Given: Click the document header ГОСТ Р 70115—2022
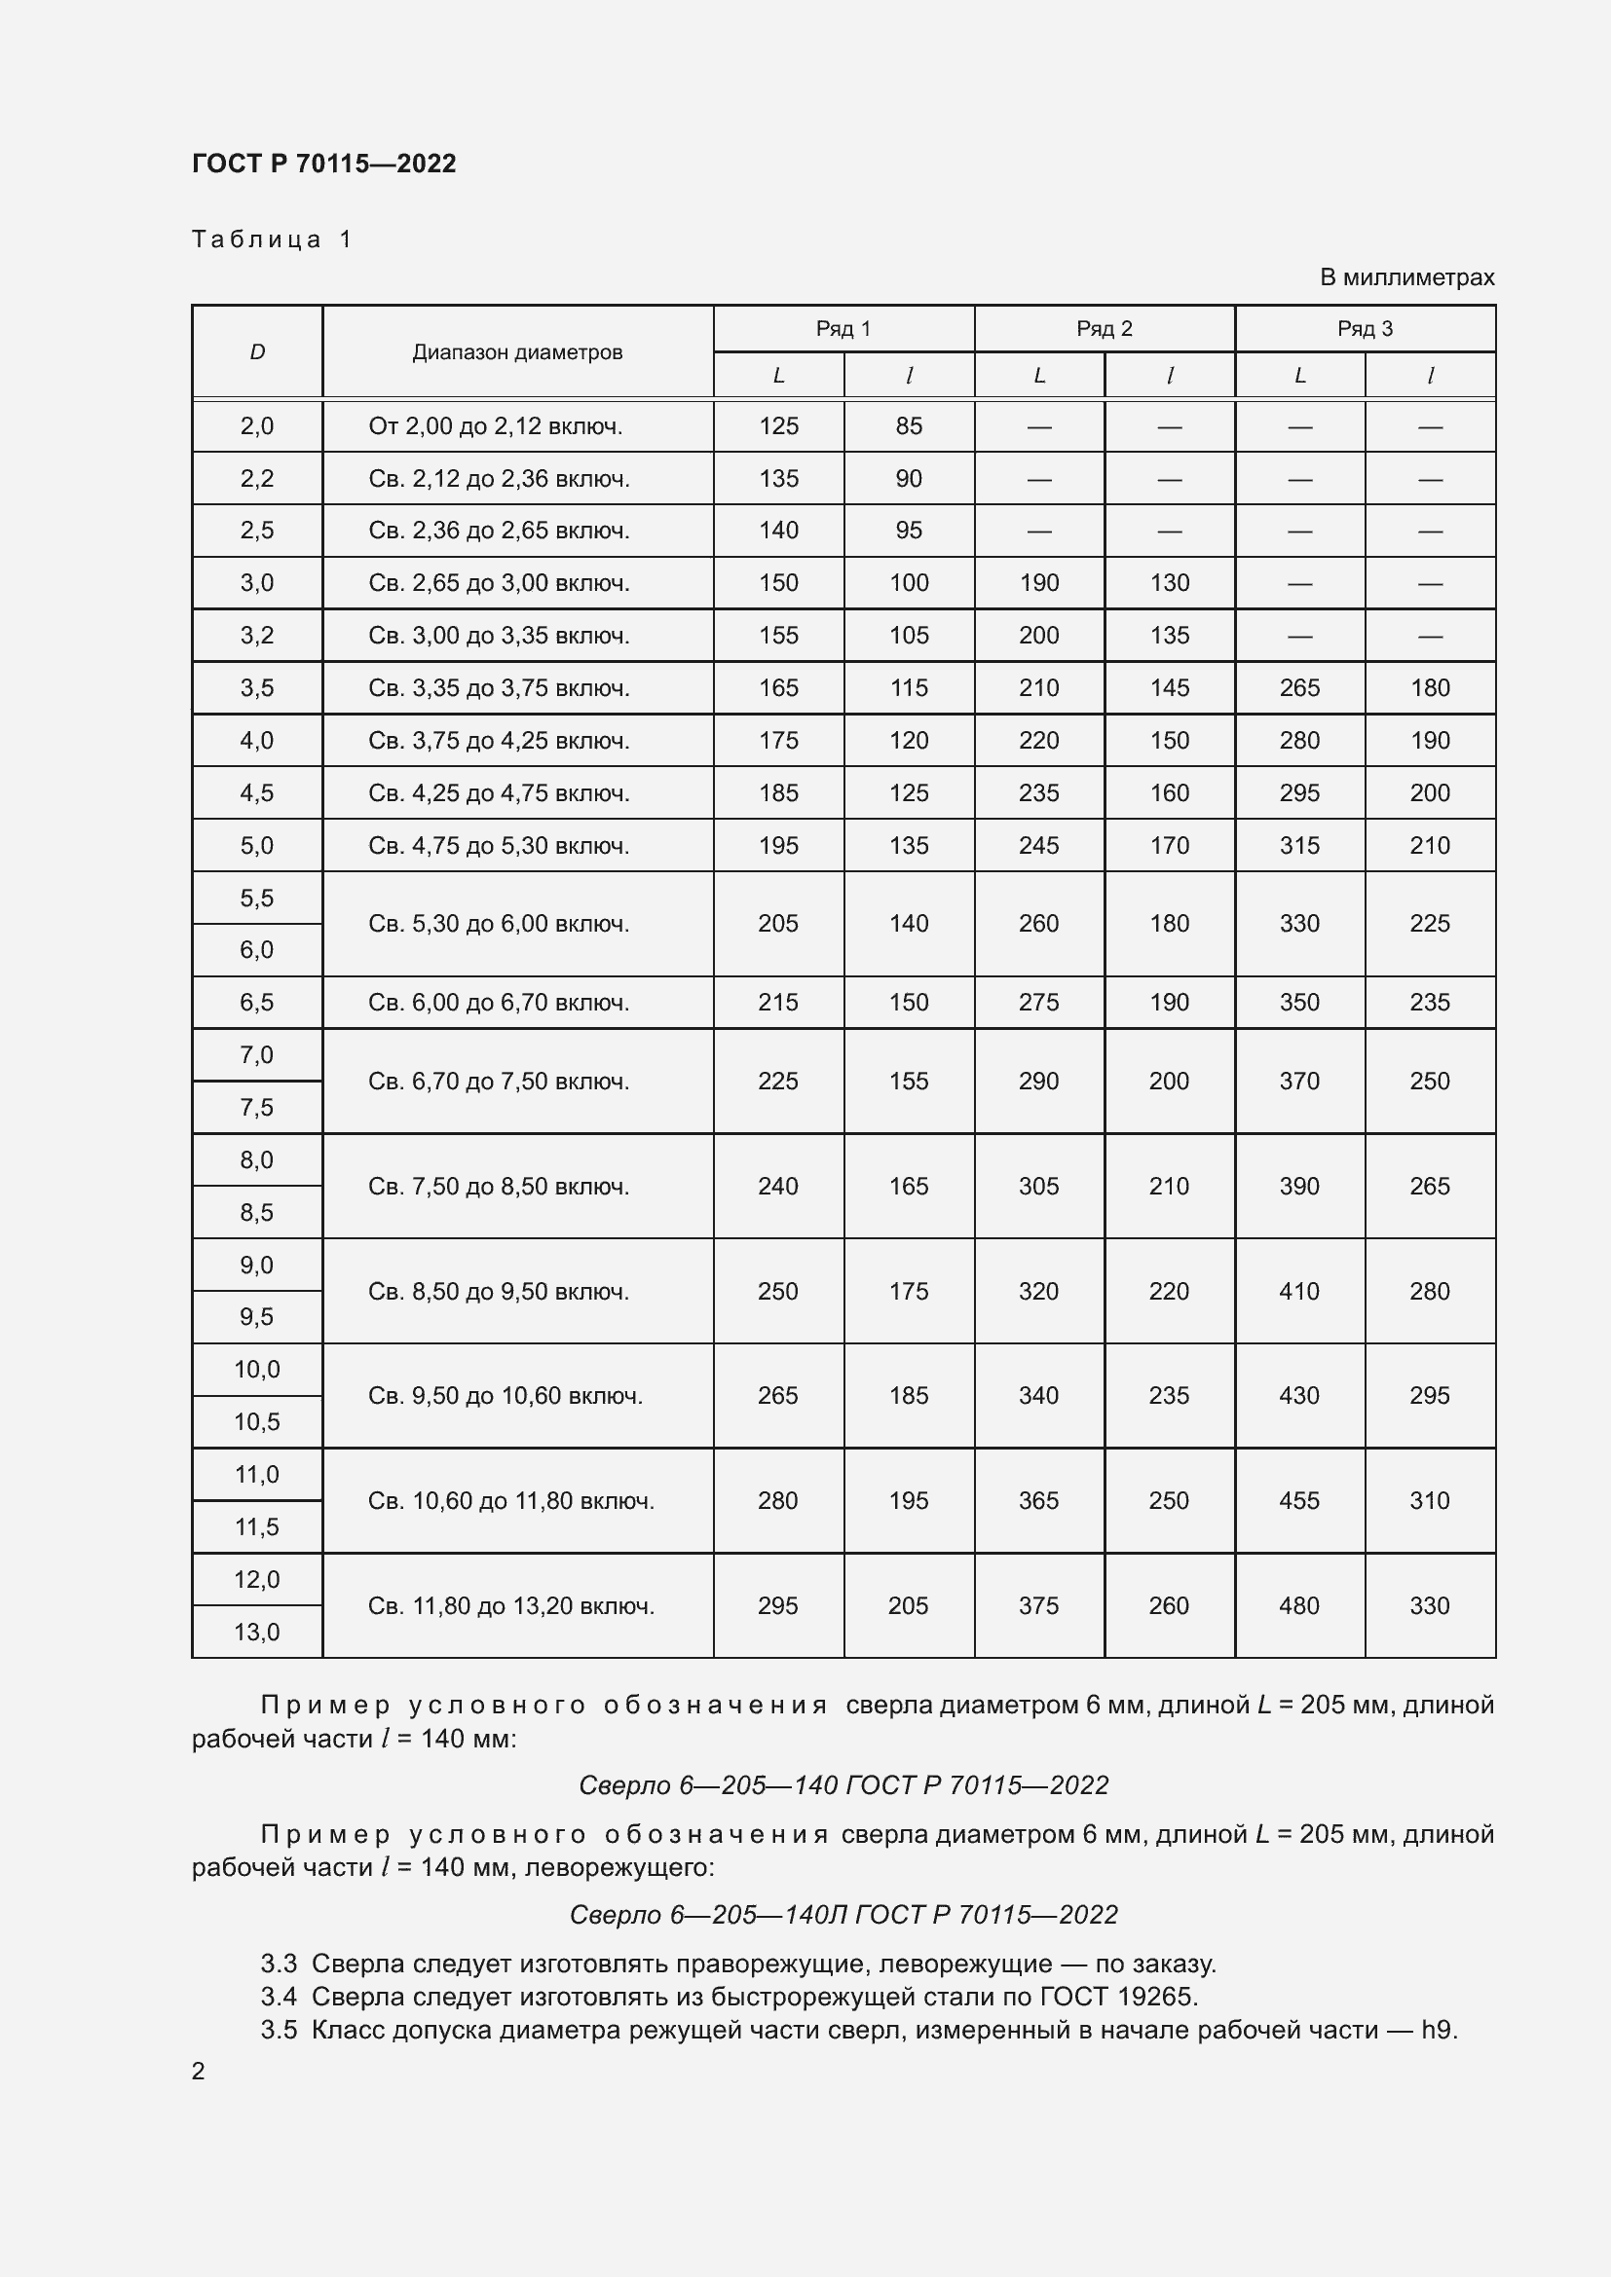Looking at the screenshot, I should click(x=323, y=164).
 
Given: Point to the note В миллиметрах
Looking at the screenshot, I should click(x=1405, y=277).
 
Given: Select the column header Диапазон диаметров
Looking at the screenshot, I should click(x=517, y=352).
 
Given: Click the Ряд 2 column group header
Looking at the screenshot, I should click(x=1105, y=329).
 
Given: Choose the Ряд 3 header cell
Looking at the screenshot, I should click(x=1364, y=329).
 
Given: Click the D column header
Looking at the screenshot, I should click(x=257, y=352).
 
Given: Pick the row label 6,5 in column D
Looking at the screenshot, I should click(x=257, y=1003).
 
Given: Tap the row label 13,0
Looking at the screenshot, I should click(x=257, y=1632).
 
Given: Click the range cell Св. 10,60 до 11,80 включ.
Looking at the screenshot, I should click(x=511, y=1500).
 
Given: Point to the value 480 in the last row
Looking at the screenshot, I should click(x=1299, y=1605).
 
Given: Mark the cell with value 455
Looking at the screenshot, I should click(x=1299, y=1500).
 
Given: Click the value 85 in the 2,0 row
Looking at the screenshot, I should click(x=909, y=426).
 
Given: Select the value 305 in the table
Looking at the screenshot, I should click(x=1038, y=1186).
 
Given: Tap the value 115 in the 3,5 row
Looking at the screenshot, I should click(x=909, y=688).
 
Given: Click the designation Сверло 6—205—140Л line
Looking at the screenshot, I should click(x=843, y=1914).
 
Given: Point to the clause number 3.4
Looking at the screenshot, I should click(x=279, y=1997).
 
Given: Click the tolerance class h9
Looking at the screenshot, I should click(x=1439, y=2030).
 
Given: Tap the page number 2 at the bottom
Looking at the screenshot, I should click(x=199, y=2071).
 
